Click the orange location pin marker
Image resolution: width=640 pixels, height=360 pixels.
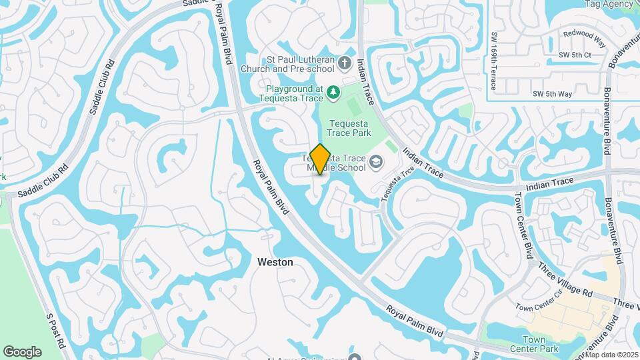tap(321, 159)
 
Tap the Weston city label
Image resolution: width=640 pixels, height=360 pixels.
tap(275, 263)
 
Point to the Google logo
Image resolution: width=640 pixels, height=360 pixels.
tap(22, 351)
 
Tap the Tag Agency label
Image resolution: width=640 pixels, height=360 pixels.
tap(609, 4)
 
